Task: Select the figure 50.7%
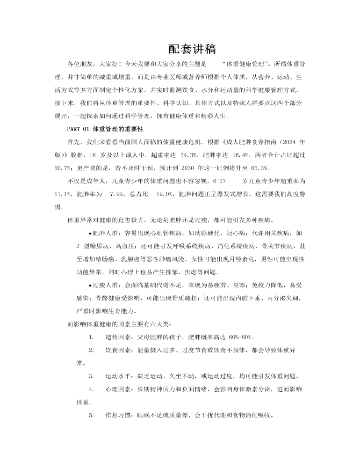63,167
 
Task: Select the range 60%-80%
242,336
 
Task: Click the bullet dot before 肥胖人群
90,233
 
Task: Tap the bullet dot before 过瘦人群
90,285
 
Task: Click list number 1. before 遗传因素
91,336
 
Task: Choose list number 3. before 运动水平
91,376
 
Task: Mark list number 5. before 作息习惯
91,415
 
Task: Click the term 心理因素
118,389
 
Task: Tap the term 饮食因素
118,350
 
